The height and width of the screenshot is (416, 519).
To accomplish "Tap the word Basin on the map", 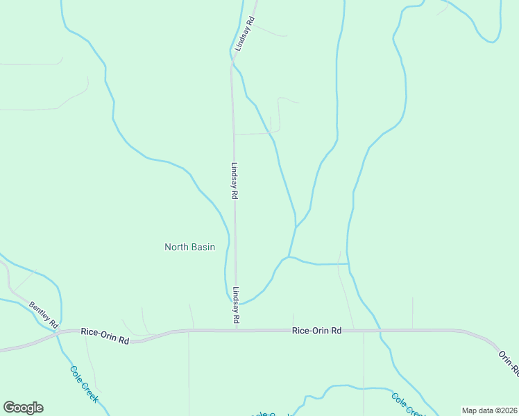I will pyautogui.click(x=203, y=247).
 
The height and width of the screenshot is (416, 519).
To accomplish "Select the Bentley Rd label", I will pyautogui.click(x=44, y=315).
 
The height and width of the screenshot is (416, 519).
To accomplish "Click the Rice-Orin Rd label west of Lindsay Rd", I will pyautogui.click(x=105, y=336).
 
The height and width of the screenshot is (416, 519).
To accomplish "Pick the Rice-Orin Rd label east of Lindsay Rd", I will pyautogui.click(x=317, y=331).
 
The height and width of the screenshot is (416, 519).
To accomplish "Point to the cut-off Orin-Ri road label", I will pyautogui.click(x=508, y=363).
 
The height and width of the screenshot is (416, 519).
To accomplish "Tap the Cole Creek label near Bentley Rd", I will pyautogui.click(x=85, y=385).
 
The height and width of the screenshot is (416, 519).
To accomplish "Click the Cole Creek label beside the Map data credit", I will pyautogui.click(x=407, y=404).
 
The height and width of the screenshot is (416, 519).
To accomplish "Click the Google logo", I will pyautogui.click(x=23, y=408).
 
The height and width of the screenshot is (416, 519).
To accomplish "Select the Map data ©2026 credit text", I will pyautogui.click(x=489, y=410).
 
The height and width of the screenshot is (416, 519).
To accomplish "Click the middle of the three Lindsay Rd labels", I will pyautogui.click(x=235, y=182).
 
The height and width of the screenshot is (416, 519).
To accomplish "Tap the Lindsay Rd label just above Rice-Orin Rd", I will pyautogui.click(x=236, y=306).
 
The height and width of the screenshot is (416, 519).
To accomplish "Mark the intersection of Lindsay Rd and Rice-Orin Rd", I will pyautogui.click(x=236, y=330).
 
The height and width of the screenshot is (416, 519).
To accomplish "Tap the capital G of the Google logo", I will pyautogui.click(x=9, y=408).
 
